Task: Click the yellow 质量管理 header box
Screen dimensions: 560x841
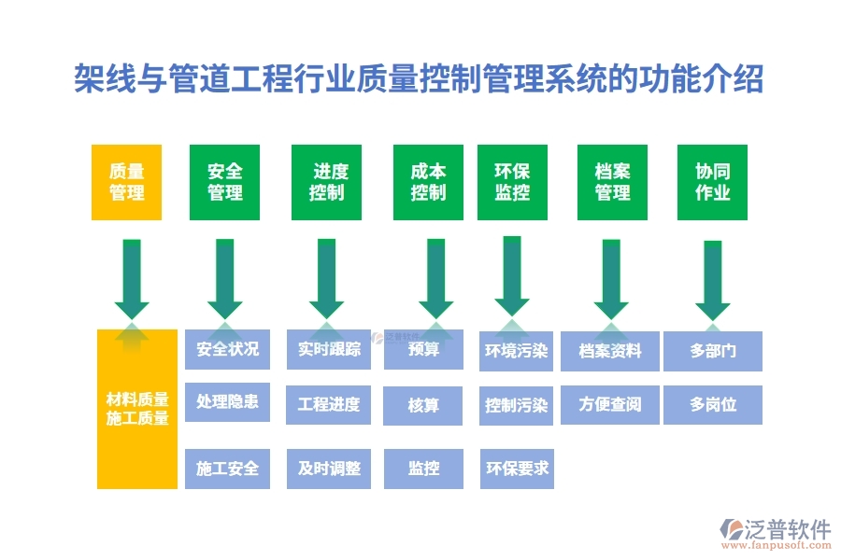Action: (x=126, y=182)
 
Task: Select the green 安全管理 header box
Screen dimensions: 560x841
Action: (x=224, y=182)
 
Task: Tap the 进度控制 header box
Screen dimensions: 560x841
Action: (x=326, y=182)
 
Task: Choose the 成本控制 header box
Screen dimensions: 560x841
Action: (x=428, y=182)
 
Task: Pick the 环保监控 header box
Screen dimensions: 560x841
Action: (x=512, y=182)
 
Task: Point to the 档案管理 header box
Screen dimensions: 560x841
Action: (x=612, y=182)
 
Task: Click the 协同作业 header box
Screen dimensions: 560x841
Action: (x=712, y=182)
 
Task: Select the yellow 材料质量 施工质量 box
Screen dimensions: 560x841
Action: (x=137, y=409)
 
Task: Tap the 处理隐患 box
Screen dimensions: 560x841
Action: (x=227, y=402)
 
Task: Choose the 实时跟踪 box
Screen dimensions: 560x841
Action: (x=329, y=350)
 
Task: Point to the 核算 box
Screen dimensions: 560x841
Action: (x=423, y=406)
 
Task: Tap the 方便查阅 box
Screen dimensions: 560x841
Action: (x=610, y=405)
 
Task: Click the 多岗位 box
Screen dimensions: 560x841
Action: (x=713, y=405)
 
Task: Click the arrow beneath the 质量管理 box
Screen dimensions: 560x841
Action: (x=132, y=278)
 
